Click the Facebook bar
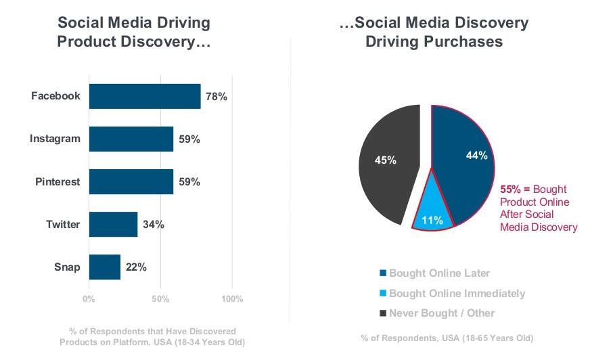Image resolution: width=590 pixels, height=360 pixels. (145, 96)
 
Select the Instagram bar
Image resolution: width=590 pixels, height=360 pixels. (131, 139)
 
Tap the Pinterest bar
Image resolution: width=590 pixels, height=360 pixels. (131, 181)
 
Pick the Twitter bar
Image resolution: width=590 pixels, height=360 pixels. (113, 224)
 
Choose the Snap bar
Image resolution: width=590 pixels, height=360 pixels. (104, 267)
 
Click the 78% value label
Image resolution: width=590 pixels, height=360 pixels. (217, 96)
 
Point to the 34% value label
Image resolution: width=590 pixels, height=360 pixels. (153, 224)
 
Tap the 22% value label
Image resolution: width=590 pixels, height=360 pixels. (136, 267)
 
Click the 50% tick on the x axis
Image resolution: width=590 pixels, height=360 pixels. (160, 298)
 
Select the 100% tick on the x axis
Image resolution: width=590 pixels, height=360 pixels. (232, 298)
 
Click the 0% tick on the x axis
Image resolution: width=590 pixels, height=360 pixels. (89, 298)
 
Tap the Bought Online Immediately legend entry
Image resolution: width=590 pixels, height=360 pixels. (452, 293)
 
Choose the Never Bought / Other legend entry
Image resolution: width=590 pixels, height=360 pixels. (437, 313)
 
